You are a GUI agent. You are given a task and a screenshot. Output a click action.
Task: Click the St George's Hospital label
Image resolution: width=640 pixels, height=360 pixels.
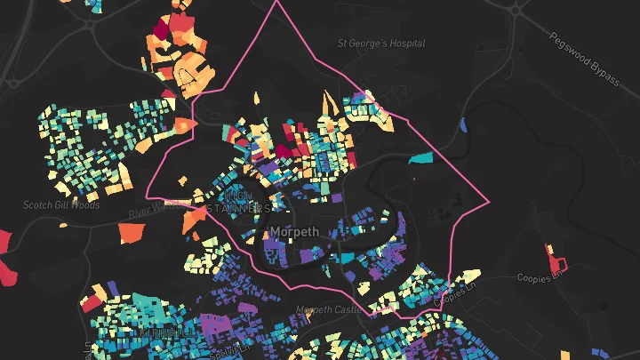pyautogui.click(x=381, y=43)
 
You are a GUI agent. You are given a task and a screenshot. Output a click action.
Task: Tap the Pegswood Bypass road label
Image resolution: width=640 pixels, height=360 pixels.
pyautogui.click(x=583, y=60)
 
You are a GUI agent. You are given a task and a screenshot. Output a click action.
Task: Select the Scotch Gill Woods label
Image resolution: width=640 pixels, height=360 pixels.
pyautogui.click(x=61, y=205)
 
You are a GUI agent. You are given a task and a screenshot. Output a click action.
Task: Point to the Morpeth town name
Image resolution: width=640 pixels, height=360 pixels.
pyautogui.click(x=293, y=232)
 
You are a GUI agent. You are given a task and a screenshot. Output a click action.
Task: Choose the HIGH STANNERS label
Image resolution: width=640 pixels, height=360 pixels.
pyautogui.click(x=238, y=202)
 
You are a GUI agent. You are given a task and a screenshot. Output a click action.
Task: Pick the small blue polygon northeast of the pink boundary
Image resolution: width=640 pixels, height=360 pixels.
pyautogui.click(x=463, y=124)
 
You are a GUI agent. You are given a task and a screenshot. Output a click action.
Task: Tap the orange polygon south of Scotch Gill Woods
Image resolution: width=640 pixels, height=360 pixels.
pyautogui.click(x=131, y=232)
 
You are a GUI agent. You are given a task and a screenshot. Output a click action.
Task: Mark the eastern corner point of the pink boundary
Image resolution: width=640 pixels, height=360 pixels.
pyautogui.click(x=489, y=204)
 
